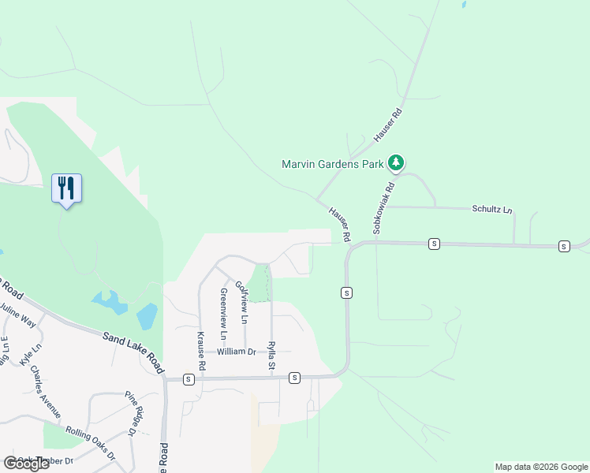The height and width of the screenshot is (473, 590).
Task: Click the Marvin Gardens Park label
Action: [x=332, y=164]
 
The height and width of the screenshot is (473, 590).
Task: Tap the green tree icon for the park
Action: [x=396, y=163]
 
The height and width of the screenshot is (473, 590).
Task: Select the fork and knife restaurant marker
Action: [x=66, y=188]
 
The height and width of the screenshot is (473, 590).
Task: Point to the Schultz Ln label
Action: [x=492, y=210]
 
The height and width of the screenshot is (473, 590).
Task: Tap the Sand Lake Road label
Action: [x=133, y=352]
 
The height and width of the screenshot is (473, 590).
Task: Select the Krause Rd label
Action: [x=201, y=352]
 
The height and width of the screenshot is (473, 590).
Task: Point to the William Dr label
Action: [x=237, y=352]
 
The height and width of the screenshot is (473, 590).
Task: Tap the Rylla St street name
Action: [x=271, y=356]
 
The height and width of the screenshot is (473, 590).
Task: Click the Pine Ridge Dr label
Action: [x=136, y=413]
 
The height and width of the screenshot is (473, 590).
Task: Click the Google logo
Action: [x=26, y=464]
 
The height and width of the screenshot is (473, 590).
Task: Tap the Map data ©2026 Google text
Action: [x=541, y=467]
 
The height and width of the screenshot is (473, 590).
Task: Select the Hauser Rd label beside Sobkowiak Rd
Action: [x=339, y=223]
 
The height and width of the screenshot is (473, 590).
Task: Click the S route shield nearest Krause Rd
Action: [x=188, y=379]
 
